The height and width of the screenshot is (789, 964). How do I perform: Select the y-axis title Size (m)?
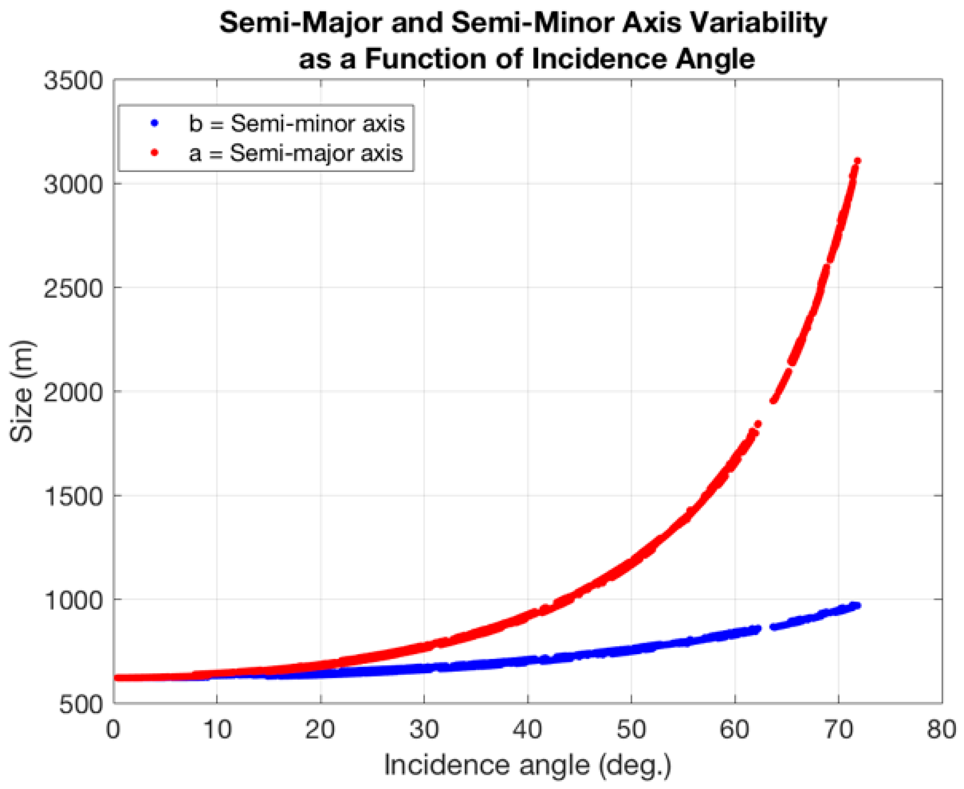click(x=22, y=391)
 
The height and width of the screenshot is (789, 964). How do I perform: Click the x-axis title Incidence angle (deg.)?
click(x=528, y=765)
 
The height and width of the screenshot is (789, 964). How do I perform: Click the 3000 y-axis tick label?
click(x=74, y=184)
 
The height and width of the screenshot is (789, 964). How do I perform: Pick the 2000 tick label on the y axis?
click(x=74, y=392)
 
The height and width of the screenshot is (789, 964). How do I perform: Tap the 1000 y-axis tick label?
click(x=74, y=600)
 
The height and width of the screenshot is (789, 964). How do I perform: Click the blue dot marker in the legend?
click(x=154, y=123)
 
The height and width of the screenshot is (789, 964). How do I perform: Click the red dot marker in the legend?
click(x=154, y=153)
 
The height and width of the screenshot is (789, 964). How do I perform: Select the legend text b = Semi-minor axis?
click(x=297, y=123)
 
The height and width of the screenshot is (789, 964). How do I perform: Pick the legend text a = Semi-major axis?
click(x=296, y=153)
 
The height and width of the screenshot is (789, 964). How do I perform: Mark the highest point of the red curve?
click(x=857, y=161)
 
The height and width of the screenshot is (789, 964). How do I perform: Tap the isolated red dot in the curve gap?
click(x=758, y=424)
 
